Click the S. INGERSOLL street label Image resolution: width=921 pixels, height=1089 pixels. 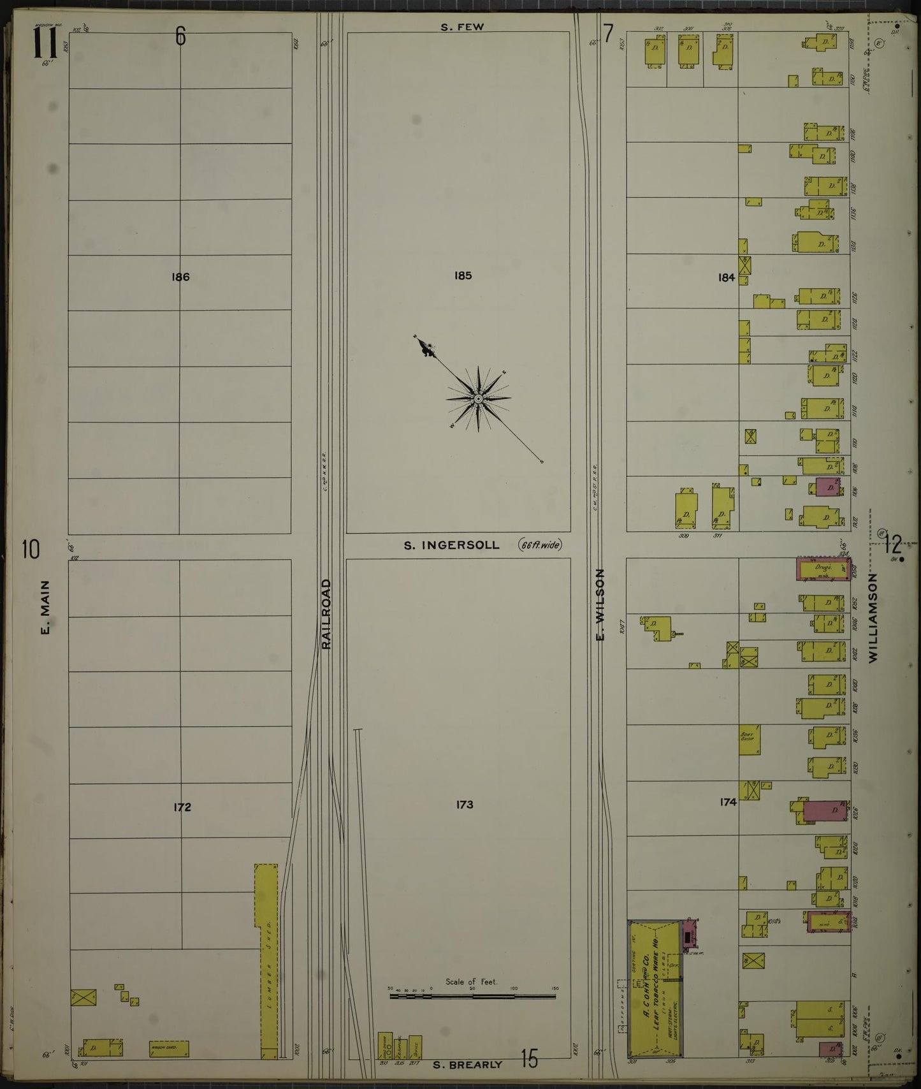coord(451,545)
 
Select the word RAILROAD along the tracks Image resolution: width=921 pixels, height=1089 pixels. coord(327,614)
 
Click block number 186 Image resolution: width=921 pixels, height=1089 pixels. coord(180,277)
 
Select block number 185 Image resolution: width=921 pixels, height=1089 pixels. coord(463,275)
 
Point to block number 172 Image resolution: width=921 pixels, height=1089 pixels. coord(182,807)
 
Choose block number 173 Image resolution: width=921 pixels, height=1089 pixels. coord(465,805)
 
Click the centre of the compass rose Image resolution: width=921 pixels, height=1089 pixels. coord(478,399)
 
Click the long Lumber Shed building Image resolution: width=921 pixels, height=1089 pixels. coord(266,960)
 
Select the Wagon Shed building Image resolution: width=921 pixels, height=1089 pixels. coord(169,1048)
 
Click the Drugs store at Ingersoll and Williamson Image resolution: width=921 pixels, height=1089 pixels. coord(823,569)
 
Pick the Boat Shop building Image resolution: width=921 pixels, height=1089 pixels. coord(749,740)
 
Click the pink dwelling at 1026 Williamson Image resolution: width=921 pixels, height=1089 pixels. coord(825,811)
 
